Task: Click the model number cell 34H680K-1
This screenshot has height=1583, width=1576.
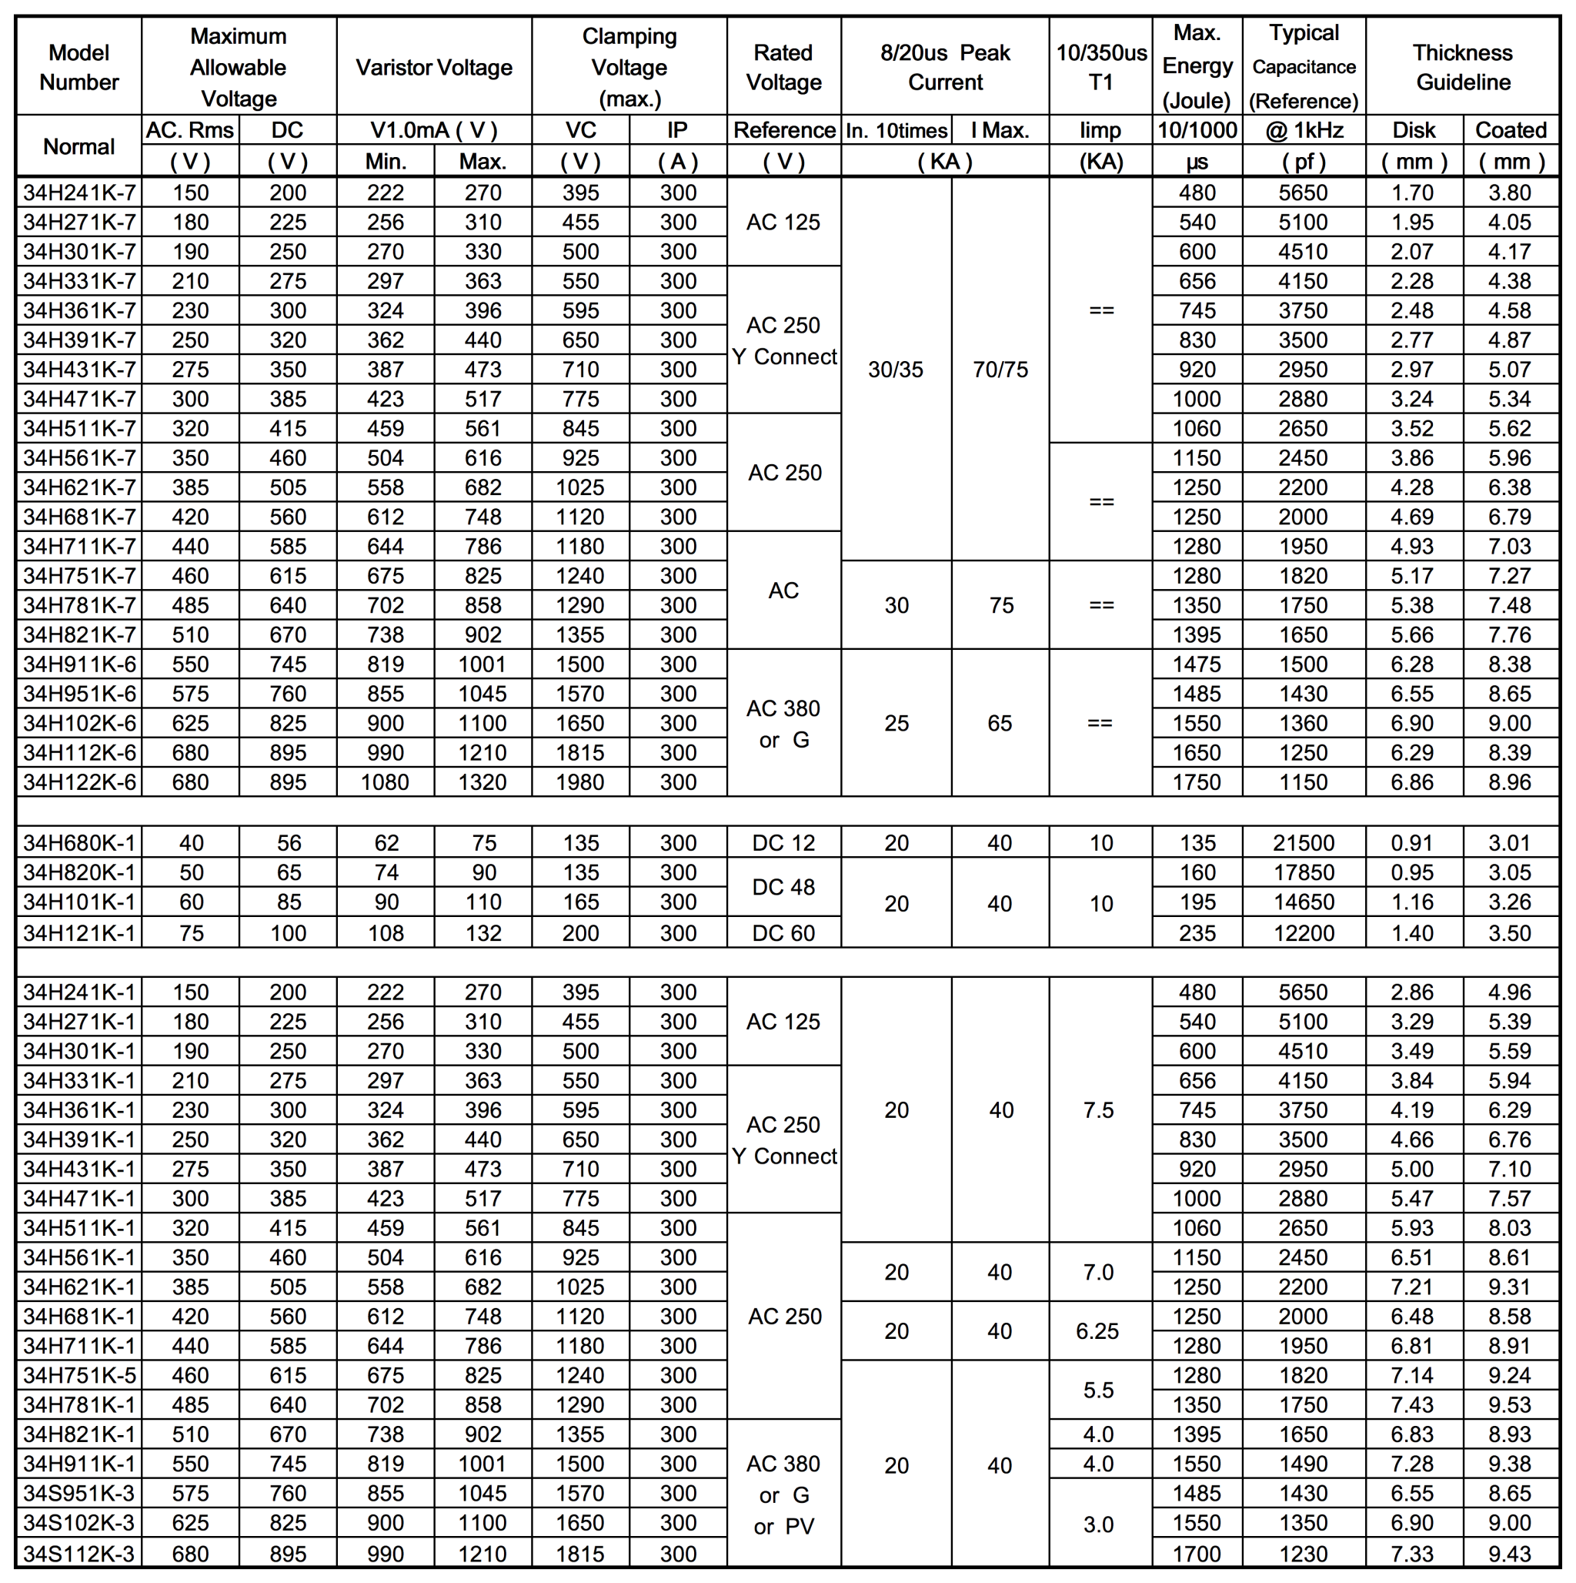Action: [78, 842]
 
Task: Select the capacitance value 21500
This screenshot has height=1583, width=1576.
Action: [1304, 842]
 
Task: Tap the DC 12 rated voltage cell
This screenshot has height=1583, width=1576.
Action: [784, 842]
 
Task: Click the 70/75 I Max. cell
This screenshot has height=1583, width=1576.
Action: [1000, 370]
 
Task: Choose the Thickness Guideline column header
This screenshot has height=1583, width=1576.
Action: [1462, 67]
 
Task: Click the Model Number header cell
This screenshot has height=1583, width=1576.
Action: [78, 67]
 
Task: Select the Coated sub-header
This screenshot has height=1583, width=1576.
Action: [1511, 130]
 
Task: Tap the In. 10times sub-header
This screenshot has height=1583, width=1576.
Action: [897, 130]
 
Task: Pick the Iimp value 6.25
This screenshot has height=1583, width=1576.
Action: [1097, 1330]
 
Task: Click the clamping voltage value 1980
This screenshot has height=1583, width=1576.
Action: [580, 781]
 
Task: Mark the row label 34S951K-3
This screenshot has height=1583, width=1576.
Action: [78, 1493]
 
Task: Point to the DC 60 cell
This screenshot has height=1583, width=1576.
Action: [784, 932]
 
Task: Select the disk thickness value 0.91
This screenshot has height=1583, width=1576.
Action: [1412, 842]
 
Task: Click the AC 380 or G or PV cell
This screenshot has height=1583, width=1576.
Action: [784, 1494]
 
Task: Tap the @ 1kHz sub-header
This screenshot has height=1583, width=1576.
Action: [1304, 130]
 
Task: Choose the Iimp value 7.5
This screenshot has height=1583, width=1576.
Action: [1098, 1109]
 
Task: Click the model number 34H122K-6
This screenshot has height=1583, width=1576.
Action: [78, 781]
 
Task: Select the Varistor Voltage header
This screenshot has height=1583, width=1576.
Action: [433, 67]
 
